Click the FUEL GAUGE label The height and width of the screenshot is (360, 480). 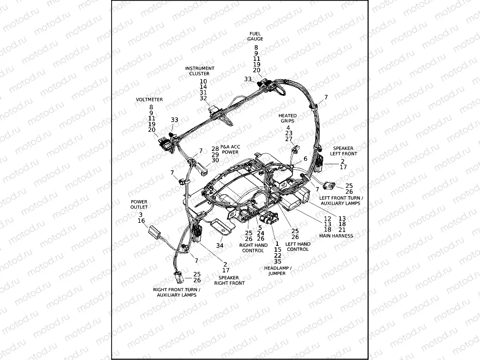[x=256, y=36]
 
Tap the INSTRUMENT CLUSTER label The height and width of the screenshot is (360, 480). [x=200, y=71]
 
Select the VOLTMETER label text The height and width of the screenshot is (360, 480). [x=149, y=99]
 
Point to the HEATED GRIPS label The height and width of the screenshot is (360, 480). [x=288, y=118]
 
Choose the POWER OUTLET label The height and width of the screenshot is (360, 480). [x=139, y=204]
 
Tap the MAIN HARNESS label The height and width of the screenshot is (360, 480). [x=336, y=236]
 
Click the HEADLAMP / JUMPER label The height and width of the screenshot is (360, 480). [x=277, y=270]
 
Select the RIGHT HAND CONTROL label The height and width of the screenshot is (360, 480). [x=253, y=247]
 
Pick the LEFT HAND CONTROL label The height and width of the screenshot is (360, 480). [x=298, y=246]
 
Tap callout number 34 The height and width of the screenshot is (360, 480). [x=220, y=245]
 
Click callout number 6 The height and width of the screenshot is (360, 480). [x=305, y=159]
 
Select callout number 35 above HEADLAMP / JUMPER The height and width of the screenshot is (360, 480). [x=278, y=262]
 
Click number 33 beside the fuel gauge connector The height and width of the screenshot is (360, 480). [x=248, y=79]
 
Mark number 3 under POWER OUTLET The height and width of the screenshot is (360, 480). [x=141, y=214]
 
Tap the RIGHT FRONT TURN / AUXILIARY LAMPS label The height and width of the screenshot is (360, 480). [x=177, y=292]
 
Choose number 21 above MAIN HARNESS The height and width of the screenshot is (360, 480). [x=342, y=230]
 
